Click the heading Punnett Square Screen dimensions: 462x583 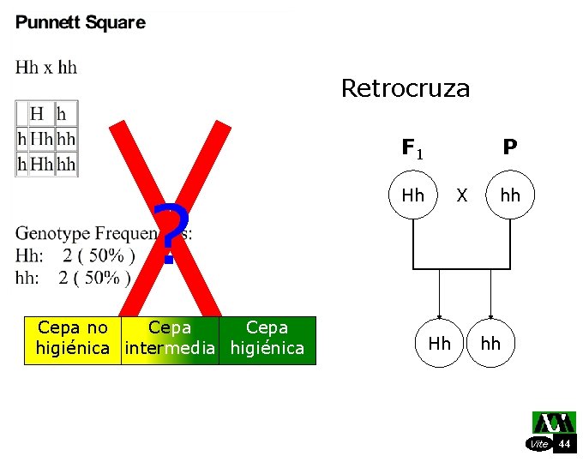81,23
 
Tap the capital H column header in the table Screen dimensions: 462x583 37,113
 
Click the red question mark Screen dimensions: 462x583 169,234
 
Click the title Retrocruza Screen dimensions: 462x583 405,88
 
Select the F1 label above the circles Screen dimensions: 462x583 412,148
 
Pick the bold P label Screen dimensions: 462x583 510,147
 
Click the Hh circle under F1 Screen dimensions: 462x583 412,195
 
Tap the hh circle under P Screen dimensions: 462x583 510,195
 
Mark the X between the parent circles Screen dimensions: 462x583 462,195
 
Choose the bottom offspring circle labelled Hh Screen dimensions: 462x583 439,344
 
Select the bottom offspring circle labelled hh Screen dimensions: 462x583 490,344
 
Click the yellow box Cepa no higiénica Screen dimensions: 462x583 73,339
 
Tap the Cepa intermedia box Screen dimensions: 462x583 170,339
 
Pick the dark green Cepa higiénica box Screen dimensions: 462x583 267,339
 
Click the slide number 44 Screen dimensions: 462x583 564,443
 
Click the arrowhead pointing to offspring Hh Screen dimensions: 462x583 439,315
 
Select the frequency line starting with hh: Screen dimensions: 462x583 73,278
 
